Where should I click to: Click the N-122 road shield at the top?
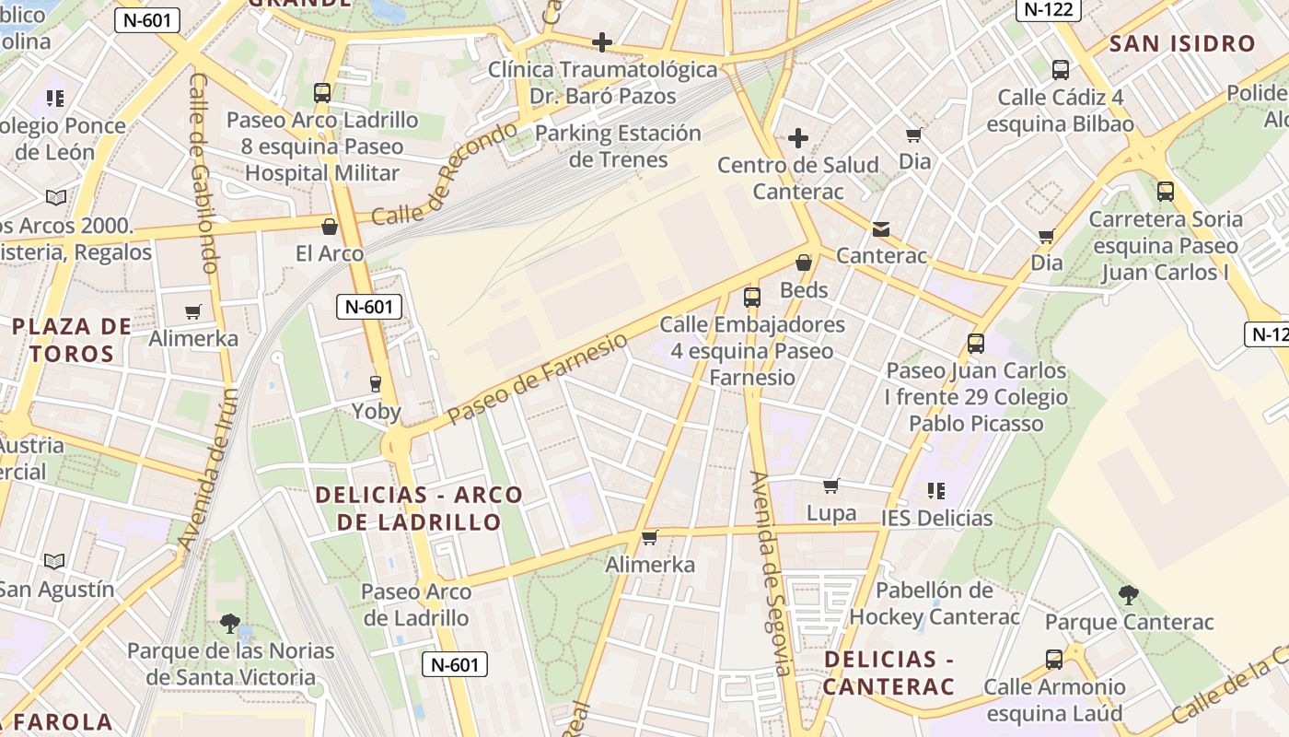tap(1048, 9)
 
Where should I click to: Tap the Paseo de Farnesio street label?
tap(539, 379)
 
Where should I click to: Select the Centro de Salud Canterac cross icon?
tap(798, 139)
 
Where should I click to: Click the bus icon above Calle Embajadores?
tap(752, 298)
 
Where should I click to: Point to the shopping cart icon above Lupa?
tap(831, 485)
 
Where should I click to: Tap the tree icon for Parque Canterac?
tap(1129, 595)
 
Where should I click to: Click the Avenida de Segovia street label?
tap(771, 573)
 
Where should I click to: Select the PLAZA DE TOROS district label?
tap(72, 339)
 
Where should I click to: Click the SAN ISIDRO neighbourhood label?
tap(1182, 43)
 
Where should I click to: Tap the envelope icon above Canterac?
tap(881, 229)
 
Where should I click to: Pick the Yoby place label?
tap(377, 411)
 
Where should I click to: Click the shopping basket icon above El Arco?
tap(330, 227)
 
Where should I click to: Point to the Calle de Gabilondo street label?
tap(203, 171)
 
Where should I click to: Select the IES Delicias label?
tap(937, 518)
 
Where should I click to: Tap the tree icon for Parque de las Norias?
tap(230, 624)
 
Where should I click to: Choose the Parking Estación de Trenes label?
tap(618, 146)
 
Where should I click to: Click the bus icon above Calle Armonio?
tap(1054, 660)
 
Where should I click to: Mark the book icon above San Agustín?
tap(55, 561)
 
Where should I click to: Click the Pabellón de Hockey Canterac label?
tap(934, 602)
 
